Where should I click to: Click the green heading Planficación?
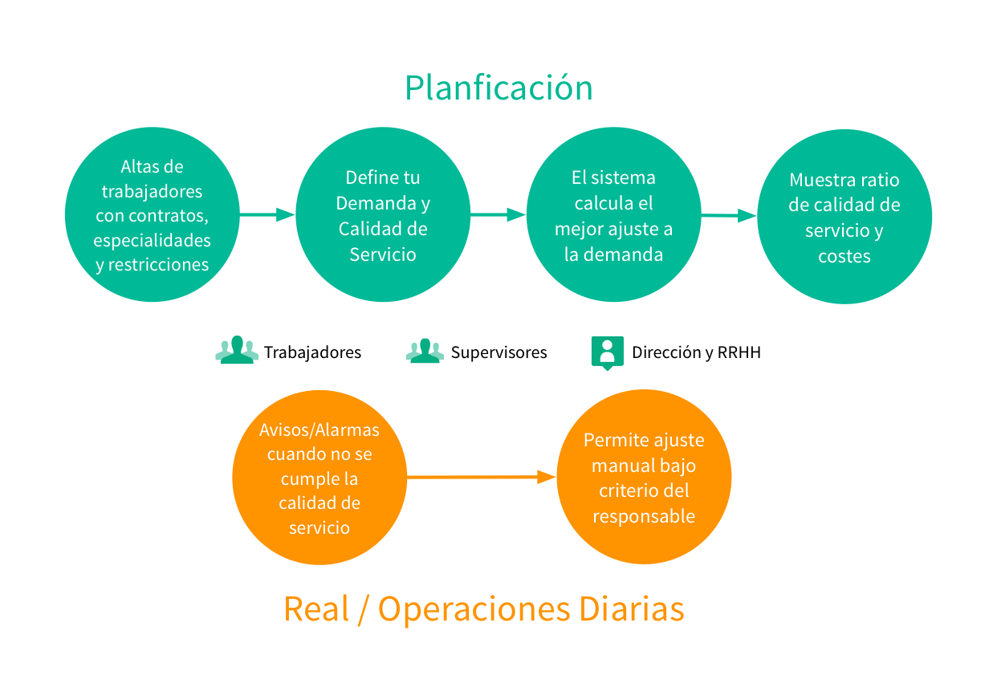498,88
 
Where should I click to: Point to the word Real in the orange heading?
316,608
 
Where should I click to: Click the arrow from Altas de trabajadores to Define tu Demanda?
267,214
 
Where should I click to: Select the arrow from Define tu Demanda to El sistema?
498,214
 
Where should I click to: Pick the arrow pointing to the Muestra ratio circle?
729,215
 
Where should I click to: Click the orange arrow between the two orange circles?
482,478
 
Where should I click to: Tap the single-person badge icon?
608,352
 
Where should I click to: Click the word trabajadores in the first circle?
152,192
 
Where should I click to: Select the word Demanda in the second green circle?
373,203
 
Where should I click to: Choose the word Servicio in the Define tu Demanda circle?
383,254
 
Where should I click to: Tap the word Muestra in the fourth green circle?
820,180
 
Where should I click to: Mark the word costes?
844,256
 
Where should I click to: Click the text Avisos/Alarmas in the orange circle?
319,429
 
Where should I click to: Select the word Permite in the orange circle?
616,440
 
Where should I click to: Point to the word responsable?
644,516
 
